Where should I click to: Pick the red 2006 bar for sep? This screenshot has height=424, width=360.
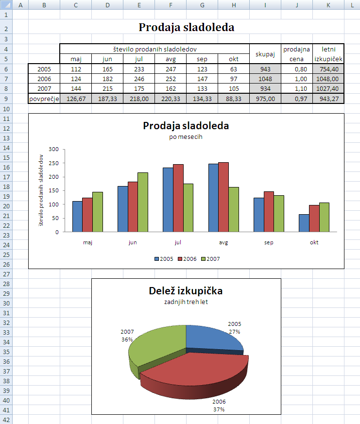click(x=269, y=212)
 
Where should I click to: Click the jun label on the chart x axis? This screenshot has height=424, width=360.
click(x=133, y=242)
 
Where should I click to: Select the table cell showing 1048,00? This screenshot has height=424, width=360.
click(x=328, y=79)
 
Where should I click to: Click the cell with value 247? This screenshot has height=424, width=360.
click(x=171, y=69)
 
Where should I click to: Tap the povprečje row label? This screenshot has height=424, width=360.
click(x=44, y=98)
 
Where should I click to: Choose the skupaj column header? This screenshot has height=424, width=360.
click(x=265, y=54)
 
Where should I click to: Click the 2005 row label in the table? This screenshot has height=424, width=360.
click(x=44, y=69)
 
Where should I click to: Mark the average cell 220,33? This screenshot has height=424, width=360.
click(x=171, y=98)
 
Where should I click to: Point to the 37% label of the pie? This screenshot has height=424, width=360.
click(x=219, y=409)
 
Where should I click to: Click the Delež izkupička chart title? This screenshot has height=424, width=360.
click(x=186, y=291)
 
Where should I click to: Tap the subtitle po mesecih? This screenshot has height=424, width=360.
click(x=186, y=136)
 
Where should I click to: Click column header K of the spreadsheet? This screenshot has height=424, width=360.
click(x=328, y=4)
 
